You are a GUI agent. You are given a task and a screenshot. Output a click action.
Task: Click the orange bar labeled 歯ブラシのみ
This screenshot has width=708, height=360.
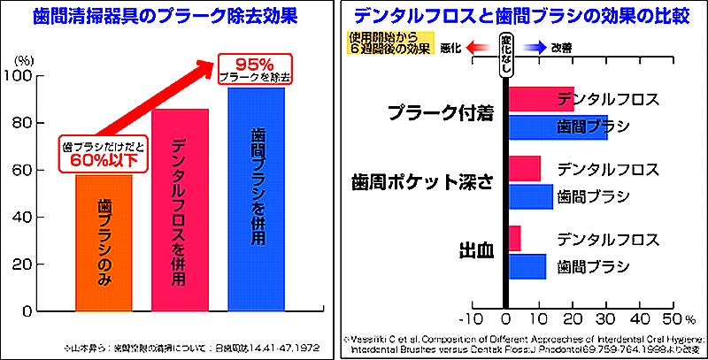[x=103, y=242]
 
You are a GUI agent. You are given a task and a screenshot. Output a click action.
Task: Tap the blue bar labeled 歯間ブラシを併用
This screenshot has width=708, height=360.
[x=257, y=199]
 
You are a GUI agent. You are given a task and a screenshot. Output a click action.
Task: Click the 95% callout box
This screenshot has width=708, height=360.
[x=255, y=70]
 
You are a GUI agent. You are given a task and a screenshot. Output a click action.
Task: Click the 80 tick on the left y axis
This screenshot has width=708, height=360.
[x=45, y=123]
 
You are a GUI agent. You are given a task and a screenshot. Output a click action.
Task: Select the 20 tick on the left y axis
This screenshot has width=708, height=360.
[x=45, y=264]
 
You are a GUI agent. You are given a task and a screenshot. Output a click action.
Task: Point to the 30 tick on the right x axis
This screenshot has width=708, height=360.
[x=606, y=318]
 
